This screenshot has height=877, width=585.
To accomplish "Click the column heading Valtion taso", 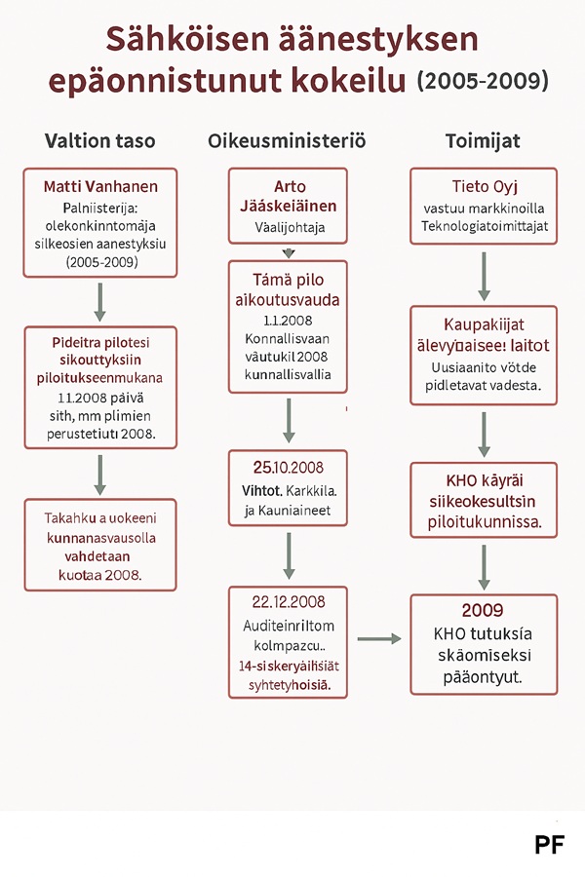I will tap(99, 140).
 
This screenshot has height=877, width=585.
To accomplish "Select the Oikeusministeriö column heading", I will tap(287, 140).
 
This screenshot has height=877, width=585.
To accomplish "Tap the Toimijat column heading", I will tap(483, 140).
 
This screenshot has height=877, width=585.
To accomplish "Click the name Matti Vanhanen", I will tap(100, 186).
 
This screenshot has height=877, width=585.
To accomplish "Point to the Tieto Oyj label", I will tap(484, 187).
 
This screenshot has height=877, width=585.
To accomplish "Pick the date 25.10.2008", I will tap(288, 466).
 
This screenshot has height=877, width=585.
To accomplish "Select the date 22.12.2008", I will tap(288, 601).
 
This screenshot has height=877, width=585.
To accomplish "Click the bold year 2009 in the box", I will tap(483, 611).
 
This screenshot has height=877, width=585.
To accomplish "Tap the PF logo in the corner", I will tap(549, 845).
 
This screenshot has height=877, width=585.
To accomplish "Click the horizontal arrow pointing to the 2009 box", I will tap(379, 639).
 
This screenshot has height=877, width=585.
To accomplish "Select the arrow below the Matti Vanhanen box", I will tap(99, 302).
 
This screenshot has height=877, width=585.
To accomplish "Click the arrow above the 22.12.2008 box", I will tap(288, 555).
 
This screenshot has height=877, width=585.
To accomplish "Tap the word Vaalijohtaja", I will tap(288, 230).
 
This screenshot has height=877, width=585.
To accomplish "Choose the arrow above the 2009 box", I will tap(484, 566).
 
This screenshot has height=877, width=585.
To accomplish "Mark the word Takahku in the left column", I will tap(71, 517).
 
